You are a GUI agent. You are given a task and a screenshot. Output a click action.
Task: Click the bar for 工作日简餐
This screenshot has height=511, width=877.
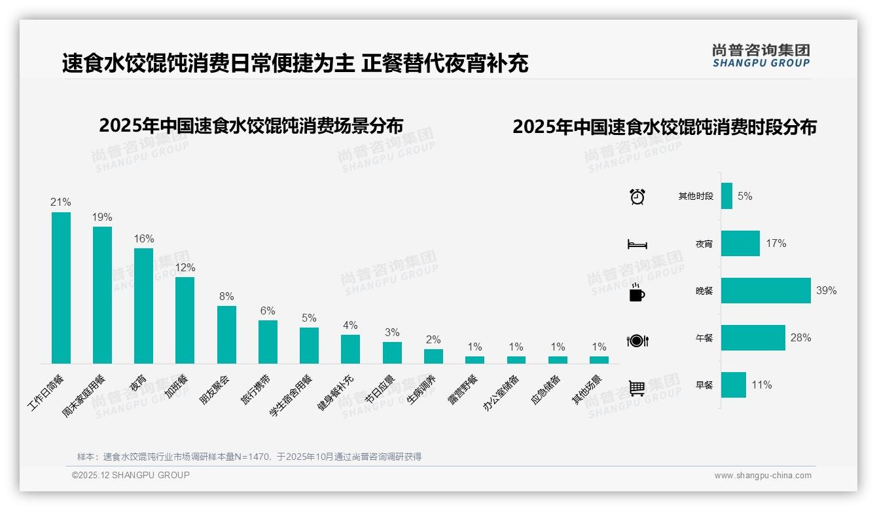[61, 288]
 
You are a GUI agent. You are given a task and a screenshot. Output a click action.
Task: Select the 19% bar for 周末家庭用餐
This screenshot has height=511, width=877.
[102, 295]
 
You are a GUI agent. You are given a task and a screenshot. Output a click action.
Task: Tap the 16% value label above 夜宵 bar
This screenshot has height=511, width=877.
[143, 239]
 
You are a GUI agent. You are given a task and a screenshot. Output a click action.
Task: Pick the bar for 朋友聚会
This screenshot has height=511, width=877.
[226, 335]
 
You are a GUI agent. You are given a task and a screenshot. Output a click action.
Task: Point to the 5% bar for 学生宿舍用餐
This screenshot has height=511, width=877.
[309, 345]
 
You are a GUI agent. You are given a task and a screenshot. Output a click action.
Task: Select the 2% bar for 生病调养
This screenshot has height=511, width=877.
[433, 356]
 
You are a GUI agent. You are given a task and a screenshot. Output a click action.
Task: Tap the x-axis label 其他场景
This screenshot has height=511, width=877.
[586, 390]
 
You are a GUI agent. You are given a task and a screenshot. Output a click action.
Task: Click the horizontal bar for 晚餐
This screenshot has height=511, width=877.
[766, 290]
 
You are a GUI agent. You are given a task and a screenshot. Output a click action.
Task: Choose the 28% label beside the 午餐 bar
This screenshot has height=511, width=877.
[800, 338]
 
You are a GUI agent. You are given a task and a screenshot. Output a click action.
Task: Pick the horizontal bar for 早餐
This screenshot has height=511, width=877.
[734, 385]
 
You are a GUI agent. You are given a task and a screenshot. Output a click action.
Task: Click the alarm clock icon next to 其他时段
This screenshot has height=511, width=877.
[637, 197]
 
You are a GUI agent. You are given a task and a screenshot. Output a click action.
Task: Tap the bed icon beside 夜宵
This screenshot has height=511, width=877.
[637, 244]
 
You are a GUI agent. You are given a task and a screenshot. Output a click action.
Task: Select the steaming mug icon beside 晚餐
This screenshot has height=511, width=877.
[637, 293]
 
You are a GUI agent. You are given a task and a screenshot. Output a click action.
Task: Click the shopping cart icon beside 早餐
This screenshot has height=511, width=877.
[637, 388]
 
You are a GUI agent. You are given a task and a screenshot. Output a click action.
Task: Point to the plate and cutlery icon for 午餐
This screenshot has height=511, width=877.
[637, 341]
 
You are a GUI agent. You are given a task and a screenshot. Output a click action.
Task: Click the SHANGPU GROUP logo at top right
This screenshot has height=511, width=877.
[761, 56]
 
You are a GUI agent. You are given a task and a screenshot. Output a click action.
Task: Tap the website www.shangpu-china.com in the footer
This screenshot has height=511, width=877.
[762, 476]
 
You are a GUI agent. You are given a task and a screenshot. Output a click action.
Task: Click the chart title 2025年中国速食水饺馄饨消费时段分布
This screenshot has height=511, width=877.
[664, 127]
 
